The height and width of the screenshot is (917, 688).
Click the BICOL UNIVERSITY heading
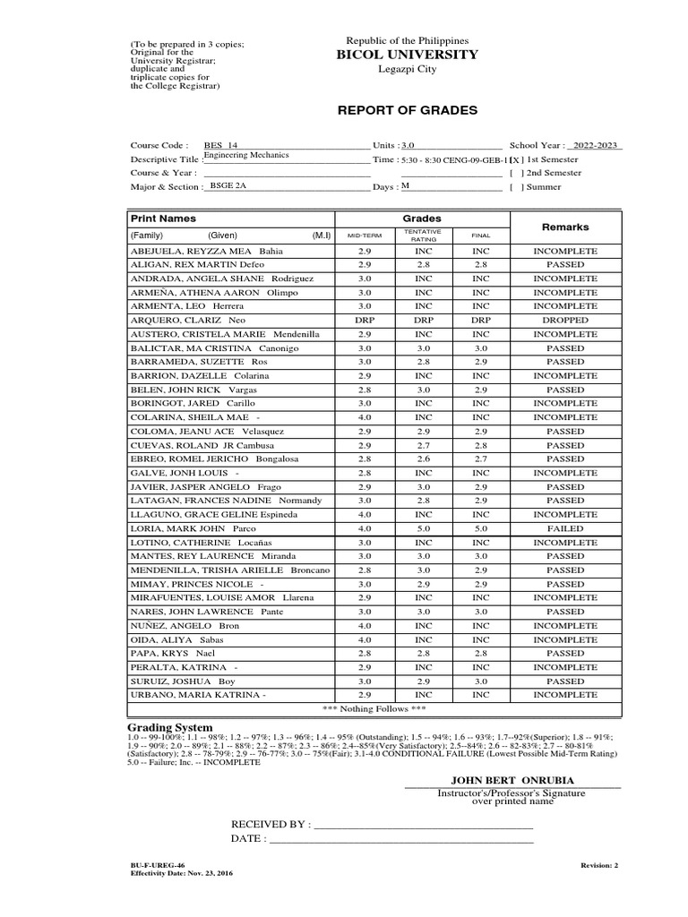[408, 55]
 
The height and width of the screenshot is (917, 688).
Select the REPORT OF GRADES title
[407, 110]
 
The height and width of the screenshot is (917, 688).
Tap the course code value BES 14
[220, 145]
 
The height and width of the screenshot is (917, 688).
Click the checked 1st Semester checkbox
[514, 159]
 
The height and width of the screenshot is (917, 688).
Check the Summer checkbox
[514, 187]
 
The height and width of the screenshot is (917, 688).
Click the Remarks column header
[565, 227]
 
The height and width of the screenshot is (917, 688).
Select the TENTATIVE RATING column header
[424, 235]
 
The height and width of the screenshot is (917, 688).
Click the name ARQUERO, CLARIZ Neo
[188, 320]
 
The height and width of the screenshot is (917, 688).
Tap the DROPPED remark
[565, 320]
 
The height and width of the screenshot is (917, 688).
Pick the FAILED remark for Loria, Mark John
[565, 528]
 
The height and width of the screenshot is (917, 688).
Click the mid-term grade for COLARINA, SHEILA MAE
[364, 417]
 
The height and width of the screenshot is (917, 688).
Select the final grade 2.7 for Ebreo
[481, 458]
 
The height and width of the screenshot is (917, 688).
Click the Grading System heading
[170, 727]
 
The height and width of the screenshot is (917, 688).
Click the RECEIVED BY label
[271, 824]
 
